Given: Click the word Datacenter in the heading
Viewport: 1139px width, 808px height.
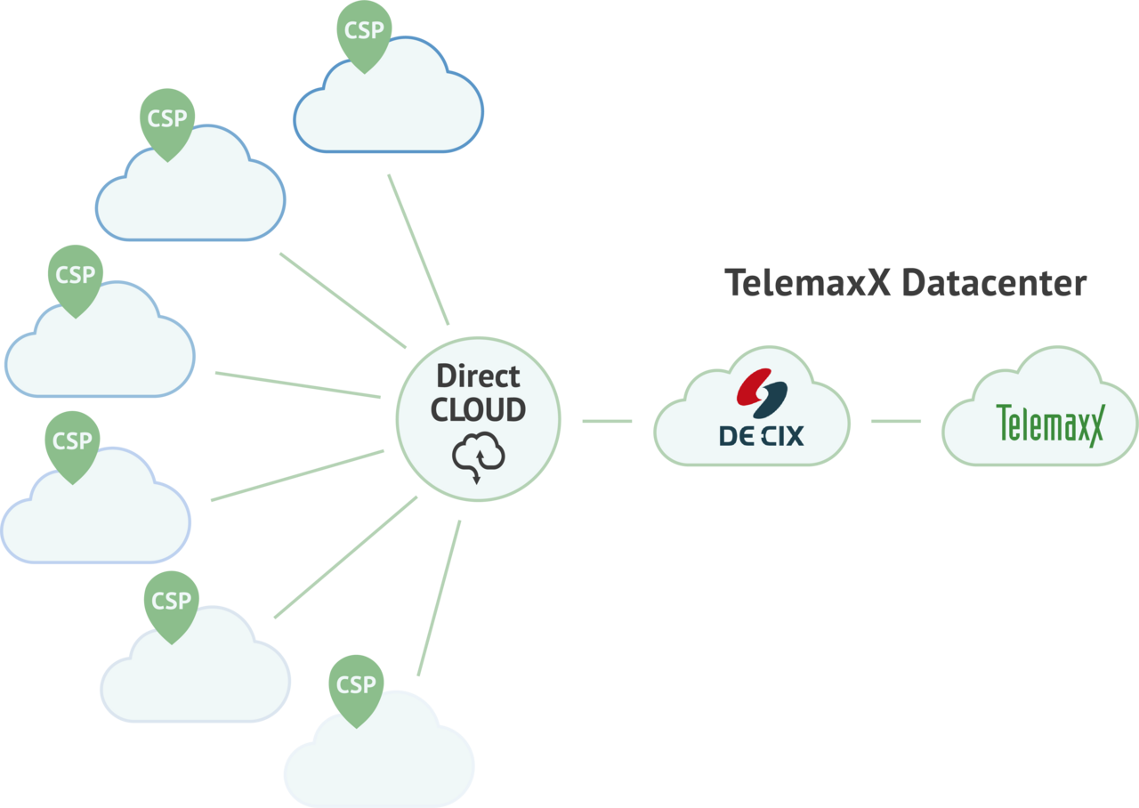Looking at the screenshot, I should tap(994, 283).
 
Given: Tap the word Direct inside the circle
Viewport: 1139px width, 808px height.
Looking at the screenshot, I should tap(478, 376).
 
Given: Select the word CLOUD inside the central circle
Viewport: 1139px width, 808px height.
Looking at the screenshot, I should tap(478, 409).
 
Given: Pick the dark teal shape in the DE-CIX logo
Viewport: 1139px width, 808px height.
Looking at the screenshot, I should tap(771, 400).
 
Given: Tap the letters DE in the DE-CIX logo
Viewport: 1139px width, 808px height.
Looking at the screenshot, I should tap(735, 435).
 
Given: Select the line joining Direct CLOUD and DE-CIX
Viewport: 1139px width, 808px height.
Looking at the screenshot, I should tap(607, 421).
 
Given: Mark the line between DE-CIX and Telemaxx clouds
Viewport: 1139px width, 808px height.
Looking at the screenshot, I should tap(895, 421).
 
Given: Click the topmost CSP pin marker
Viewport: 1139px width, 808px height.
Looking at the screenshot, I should tap(364, 32).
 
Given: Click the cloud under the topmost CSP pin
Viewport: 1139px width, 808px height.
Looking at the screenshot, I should tap(389, 107).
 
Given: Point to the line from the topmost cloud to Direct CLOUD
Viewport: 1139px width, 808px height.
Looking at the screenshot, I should tap(418, 250).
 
